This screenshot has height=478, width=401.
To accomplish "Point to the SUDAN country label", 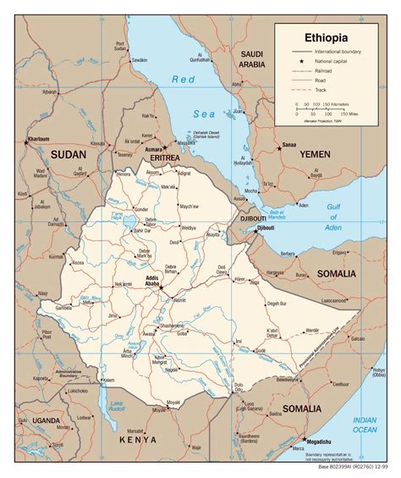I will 69,154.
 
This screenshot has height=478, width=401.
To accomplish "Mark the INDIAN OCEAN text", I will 365,423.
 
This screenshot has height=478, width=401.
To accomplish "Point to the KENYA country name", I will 138,440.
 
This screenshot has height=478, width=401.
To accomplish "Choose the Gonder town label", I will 140,208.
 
